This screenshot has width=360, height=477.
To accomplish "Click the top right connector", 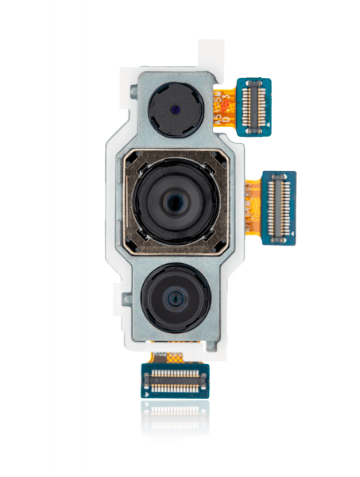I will (255, 106).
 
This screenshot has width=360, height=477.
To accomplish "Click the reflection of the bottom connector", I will (175, 417).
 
